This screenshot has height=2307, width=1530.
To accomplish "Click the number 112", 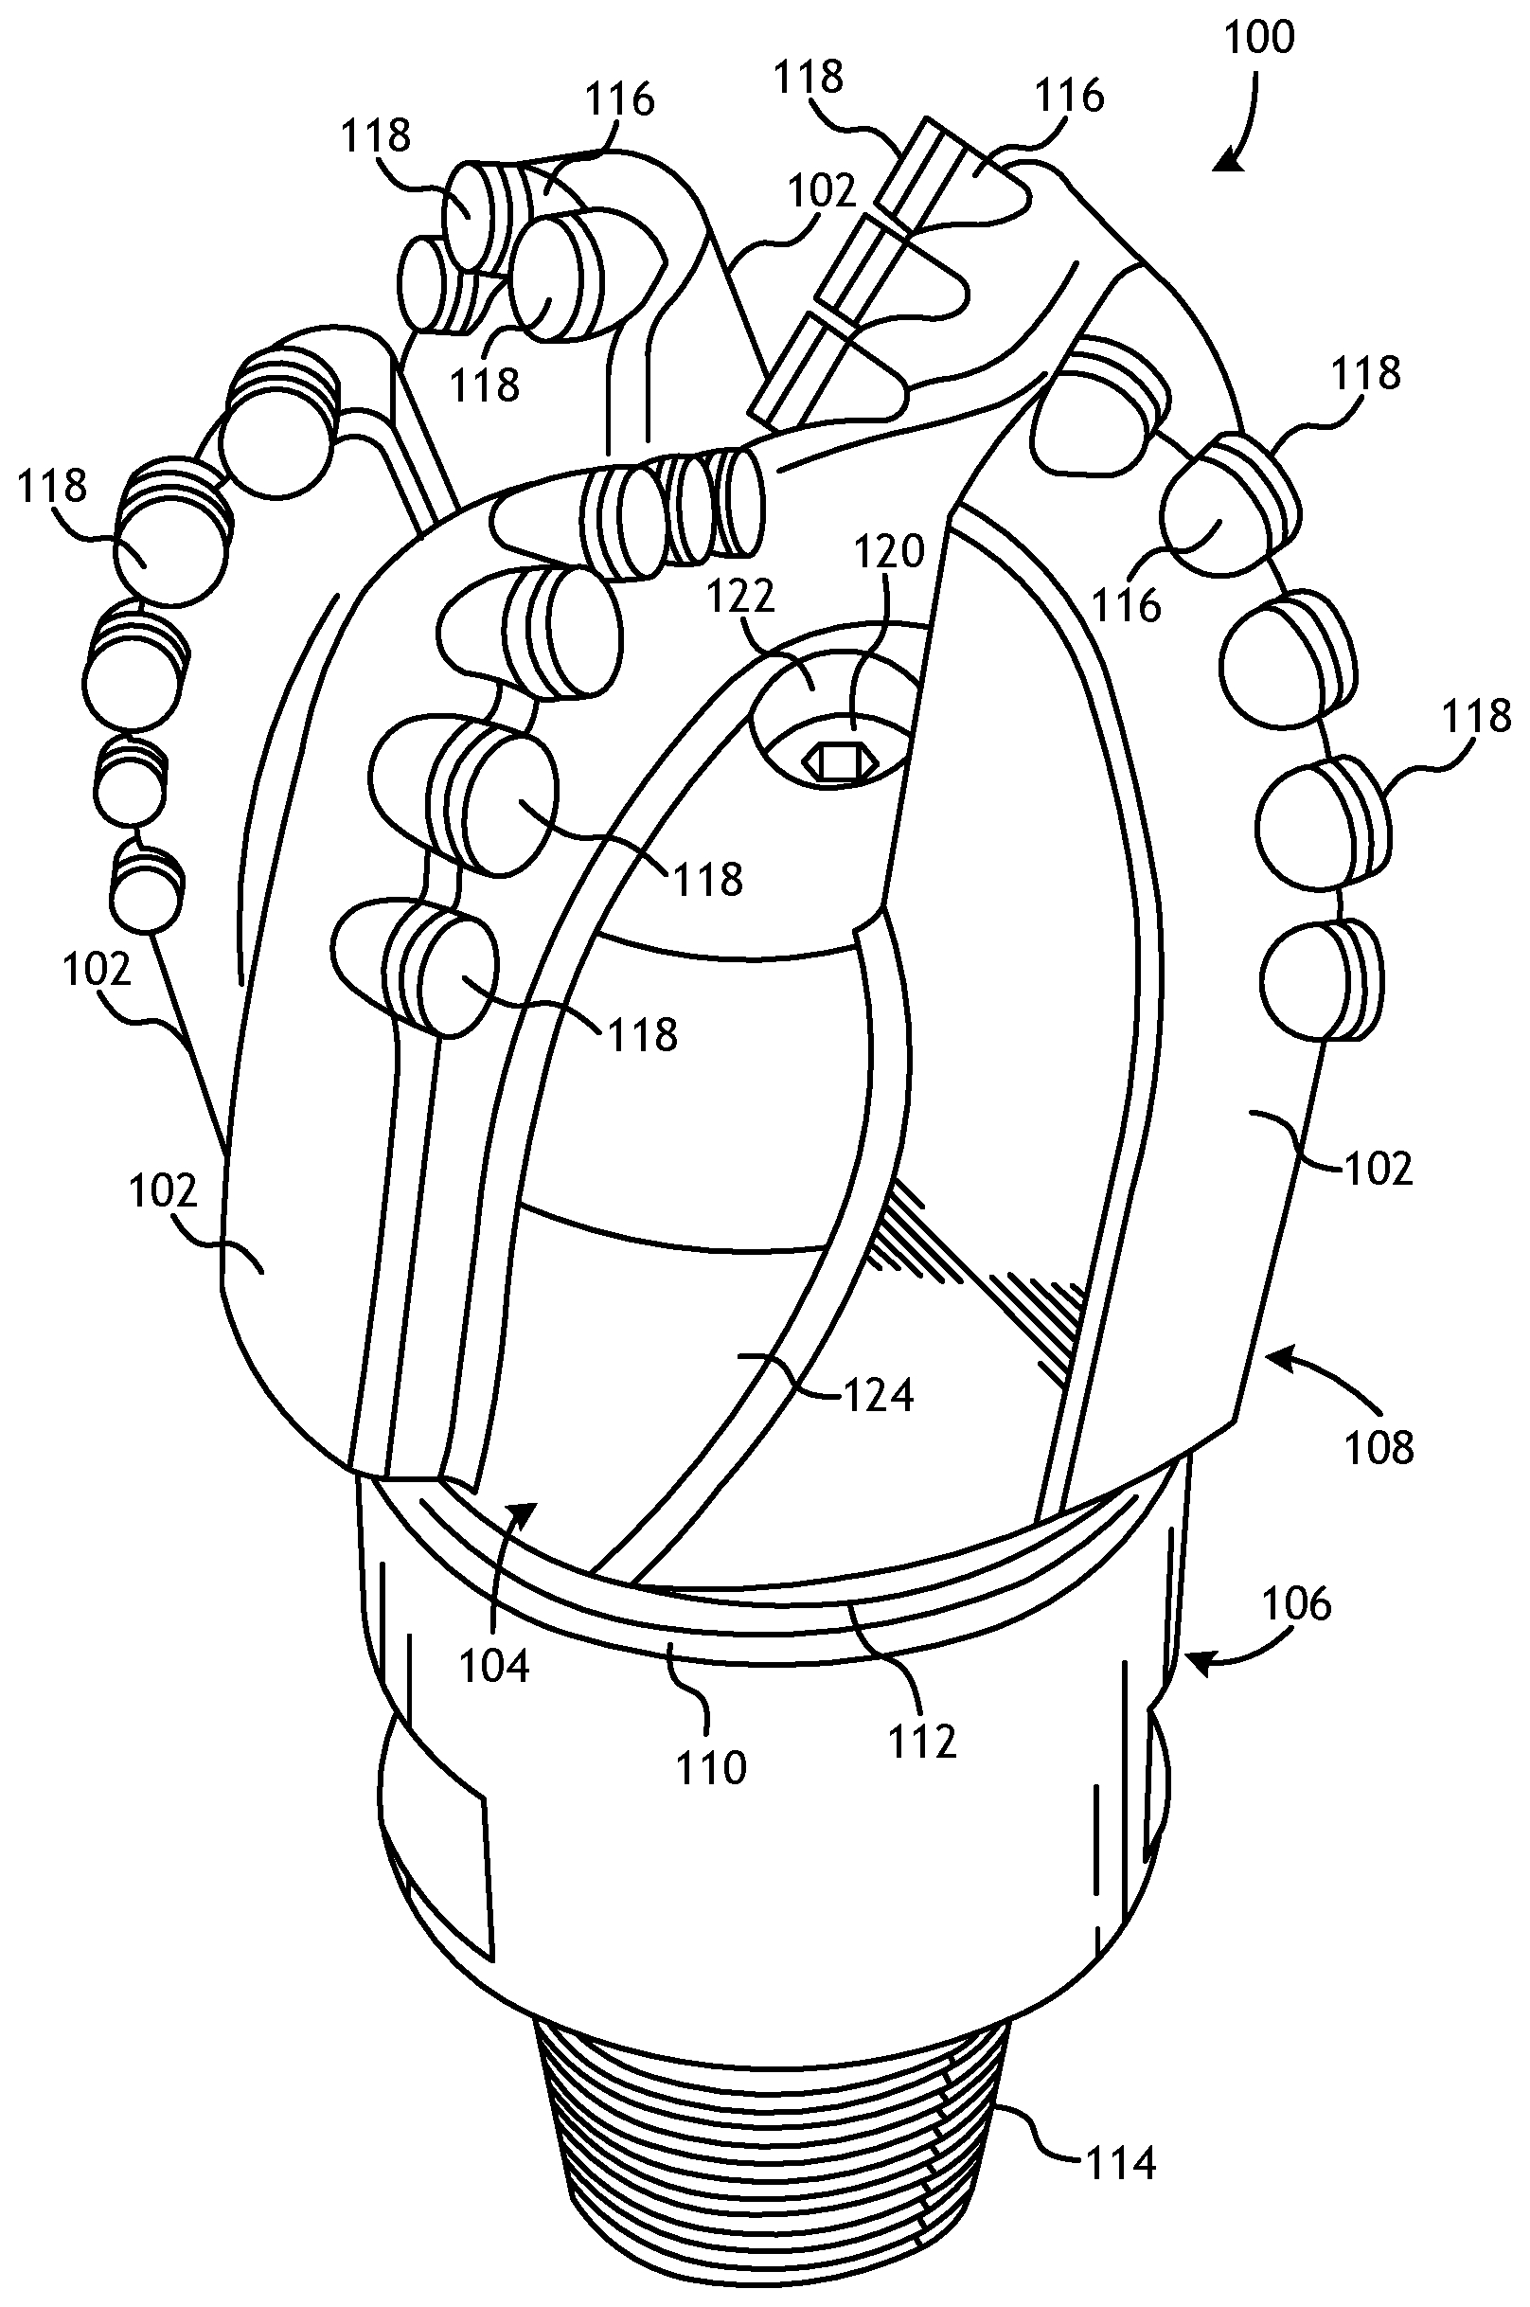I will click(922, 1740).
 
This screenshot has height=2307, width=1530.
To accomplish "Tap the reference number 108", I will click(1379, 1448).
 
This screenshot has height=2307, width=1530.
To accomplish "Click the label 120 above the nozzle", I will click(890, 552).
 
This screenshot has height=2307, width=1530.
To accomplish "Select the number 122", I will click(742, 596).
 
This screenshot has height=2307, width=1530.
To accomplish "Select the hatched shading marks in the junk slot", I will click(976, 1279).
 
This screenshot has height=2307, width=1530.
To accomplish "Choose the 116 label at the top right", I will click(1069, 96).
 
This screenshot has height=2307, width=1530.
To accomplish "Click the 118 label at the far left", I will click(52, 485).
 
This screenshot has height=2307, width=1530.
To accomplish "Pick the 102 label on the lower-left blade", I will click(163, 1190).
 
